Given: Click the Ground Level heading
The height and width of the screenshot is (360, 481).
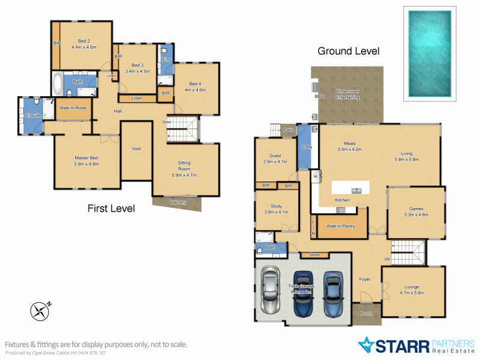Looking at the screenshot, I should tap(348, 52).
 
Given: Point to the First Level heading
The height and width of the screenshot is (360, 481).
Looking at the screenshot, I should tap(111, 209).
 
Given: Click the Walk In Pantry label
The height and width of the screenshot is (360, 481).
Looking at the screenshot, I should tap(340, 227).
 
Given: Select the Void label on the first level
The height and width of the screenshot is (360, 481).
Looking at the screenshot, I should tap(136, 148).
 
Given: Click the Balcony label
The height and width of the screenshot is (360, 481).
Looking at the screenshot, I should tap(177, 203).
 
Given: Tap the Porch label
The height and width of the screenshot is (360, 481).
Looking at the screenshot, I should tap(366, 313).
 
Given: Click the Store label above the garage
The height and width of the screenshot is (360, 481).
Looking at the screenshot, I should tap(314, 255).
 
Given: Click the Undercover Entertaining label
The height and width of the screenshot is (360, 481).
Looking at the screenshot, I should tap(348, 93).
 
